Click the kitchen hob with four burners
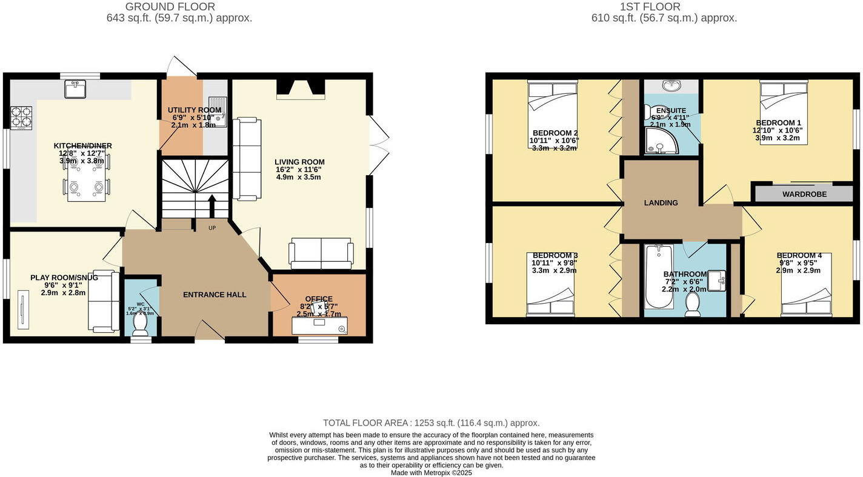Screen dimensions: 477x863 (x=21, y=118)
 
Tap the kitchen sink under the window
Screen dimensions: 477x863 (x=76, y=90)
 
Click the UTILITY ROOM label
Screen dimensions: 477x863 (x=194, y=110)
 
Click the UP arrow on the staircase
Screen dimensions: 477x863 (x=212, y=207)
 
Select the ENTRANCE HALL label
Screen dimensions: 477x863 (x=215, y=295)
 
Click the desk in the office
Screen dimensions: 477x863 (x=319, y=326)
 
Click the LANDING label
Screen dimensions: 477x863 (x=661, y=203)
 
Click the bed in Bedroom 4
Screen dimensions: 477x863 (x=805, y=285)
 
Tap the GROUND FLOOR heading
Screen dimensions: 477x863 (x=170, y=7)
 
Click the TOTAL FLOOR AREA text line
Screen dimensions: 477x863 (x=431, y=423)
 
